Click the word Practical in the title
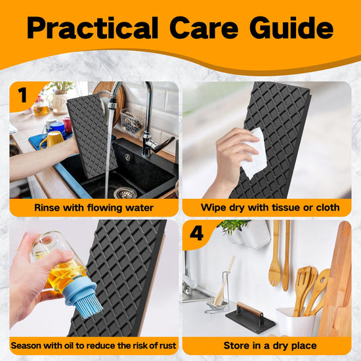[x=93, y=28]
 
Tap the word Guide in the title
[x=291, y=28]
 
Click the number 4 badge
[x=197, y=233]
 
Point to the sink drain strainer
[x=125, y=193]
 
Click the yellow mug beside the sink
[x=52, y=140]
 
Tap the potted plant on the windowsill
[x=60, y=96]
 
